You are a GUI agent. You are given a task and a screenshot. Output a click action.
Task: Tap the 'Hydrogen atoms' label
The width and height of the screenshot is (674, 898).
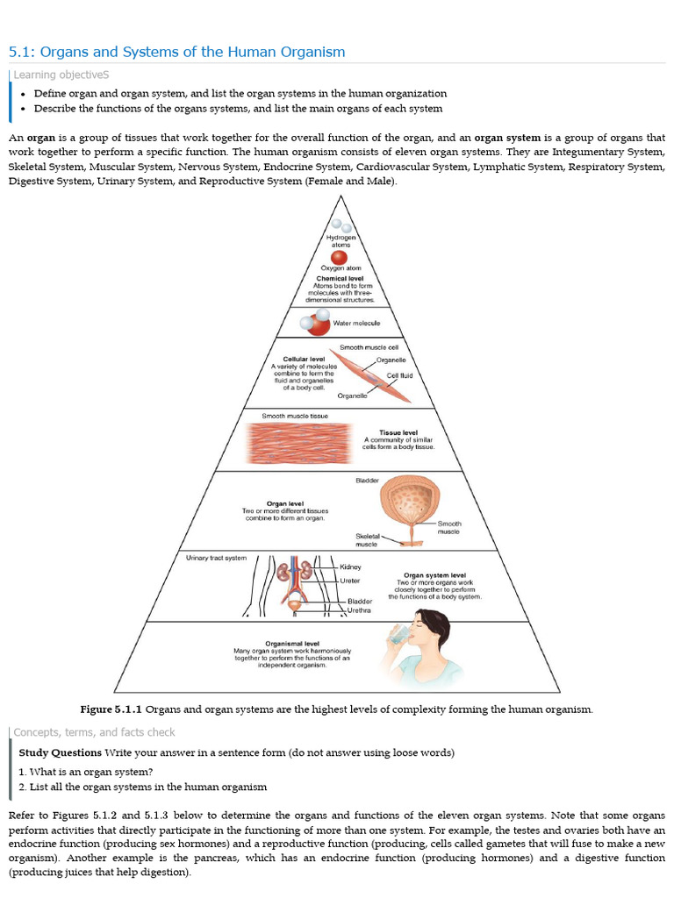(340, 241)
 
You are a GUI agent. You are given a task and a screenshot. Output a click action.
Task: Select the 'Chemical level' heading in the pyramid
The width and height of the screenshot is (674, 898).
(340, 278)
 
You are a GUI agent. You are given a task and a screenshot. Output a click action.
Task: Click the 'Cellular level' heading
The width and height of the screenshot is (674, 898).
(303, 360)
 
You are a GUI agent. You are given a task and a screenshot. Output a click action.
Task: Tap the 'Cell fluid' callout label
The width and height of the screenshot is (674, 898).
(399, 375)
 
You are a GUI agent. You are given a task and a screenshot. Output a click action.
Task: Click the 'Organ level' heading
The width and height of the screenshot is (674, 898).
(284, 503)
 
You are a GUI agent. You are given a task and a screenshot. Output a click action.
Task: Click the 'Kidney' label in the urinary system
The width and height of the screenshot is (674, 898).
(350, 567)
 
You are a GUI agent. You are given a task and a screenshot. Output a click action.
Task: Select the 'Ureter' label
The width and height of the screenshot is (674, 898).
(349, 581)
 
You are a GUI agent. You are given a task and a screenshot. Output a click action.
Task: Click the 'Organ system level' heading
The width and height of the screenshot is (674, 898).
(434, 575)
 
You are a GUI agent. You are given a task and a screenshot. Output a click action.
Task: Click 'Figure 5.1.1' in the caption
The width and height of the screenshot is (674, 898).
(111, 709)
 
